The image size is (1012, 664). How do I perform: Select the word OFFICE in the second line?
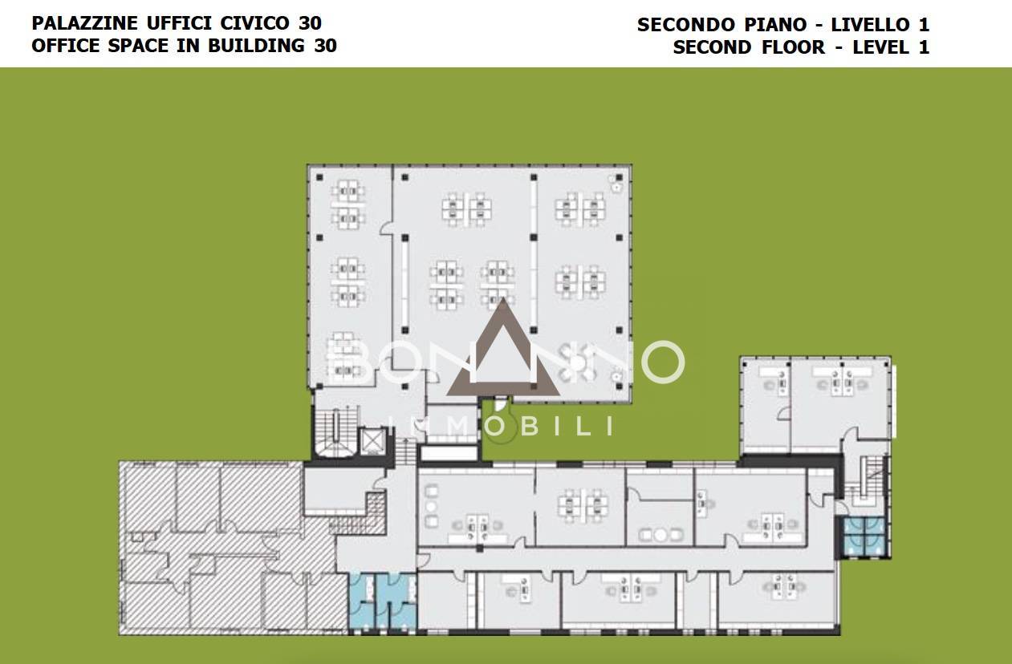[x=65, y=45]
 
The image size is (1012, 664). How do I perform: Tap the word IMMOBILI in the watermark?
[x=502, y=426]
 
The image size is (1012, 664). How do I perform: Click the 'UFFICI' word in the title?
[x=176, y=23]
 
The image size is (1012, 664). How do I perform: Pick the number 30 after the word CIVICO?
[x=310, y=23]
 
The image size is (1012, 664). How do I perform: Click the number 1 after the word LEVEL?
[x=923, y=47]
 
